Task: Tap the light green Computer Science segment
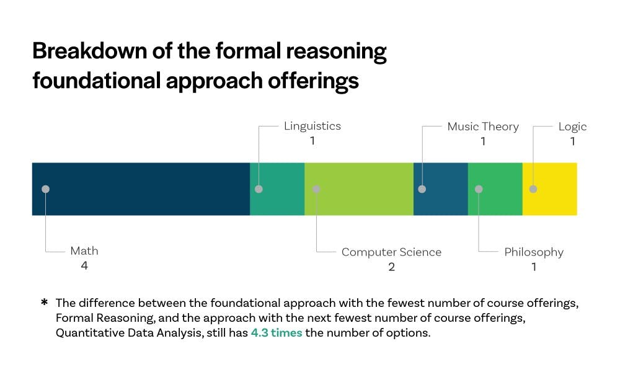click(359, 189)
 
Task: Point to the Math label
click(84, 251)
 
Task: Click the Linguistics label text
click(312, 126)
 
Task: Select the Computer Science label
click(391, 252)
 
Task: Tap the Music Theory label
click(483, 126)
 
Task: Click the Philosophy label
click(534, 252)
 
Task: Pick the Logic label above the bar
click(572, 126)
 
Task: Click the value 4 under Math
click(84, 266)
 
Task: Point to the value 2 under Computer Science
click(391, 267)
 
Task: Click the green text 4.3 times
click(277, 332)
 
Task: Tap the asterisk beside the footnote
click(45, 303)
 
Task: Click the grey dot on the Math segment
click(45, 189)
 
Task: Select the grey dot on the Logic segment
click(533, 189)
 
